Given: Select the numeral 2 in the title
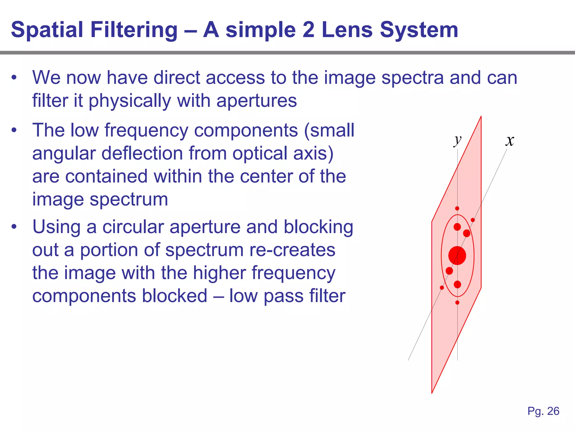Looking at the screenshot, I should [308, 30].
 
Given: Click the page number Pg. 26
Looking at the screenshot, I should [543, 411].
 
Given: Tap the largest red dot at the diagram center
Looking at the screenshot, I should [457, 255].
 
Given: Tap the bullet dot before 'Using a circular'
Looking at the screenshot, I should [14, 227].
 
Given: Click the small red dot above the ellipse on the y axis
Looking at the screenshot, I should [457, 208].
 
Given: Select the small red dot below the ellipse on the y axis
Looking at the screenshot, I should [457, 302].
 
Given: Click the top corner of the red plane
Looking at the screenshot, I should [481, 116].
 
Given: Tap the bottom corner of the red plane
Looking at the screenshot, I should [432, 393].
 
